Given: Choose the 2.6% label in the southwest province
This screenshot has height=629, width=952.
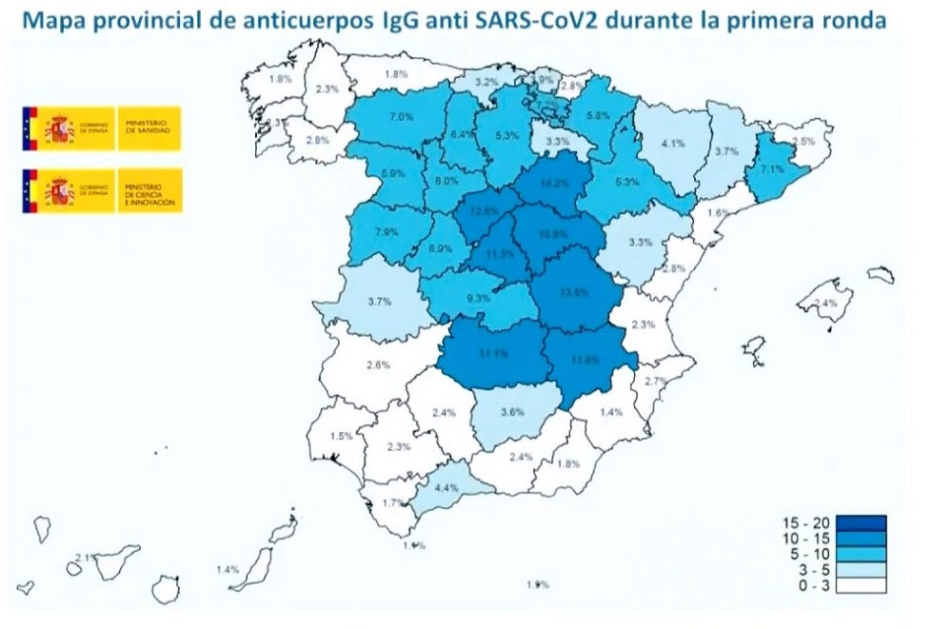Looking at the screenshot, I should click(378, 365).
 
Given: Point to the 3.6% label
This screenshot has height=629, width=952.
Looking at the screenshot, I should click(513, 413).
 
